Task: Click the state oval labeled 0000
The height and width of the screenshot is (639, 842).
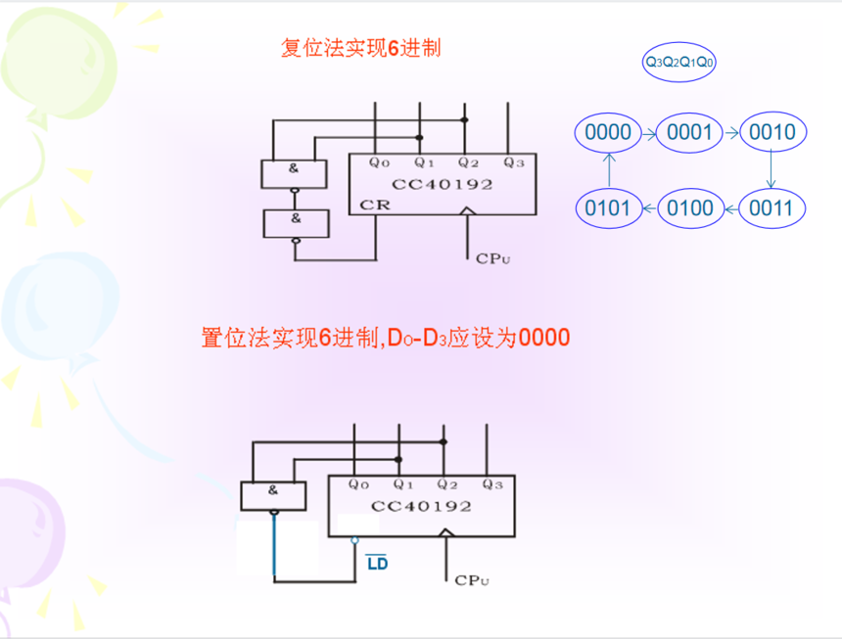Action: pyautogui.click(x=606, y=132)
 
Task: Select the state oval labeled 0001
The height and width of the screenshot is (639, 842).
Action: pyautogui.click(x=689, y=132)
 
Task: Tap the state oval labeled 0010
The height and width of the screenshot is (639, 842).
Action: pyautogui.click(x=772, y=132)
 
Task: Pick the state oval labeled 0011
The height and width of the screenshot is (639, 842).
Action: pyautogui.click(x=772, y=207)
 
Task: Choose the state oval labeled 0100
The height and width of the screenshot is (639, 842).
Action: pyautogui.click(x=689, y=207)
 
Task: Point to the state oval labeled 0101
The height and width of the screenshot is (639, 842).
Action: pyautogui.click(x=606, y=207)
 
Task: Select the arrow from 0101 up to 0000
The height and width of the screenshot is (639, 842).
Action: pyautogui.click(x=606, y=169)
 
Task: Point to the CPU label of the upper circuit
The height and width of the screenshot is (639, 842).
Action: pyautogui.click(x=492, y=258)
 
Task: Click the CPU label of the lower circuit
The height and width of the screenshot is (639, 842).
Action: pyautogui.click(x=472, y=580)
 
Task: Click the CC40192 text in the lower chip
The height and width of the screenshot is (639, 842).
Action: pyautogui.click(x=421, y=506)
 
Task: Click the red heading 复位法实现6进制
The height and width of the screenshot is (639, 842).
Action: pyautogui.click(x=361, y=48)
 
